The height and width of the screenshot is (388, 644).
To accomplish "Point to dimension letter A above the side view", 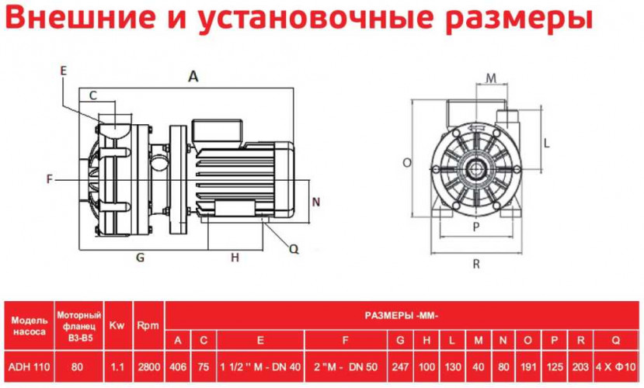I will pyautogui.click(x=193, y=76).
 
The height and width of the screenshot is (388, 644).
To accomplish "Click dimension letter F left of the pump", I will pyautogui.click(x=49, y=179).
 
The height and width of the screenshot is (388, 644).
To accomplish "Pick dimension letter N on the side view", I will pyautogui.click(x=315, y=201).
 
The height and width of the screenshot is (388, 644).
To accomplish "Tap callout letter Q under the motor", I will pyautogui.click(x=294, y=249).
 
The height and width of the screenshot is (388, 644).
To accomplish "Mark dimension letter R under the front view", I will pyautogui.click(x=475, y=263).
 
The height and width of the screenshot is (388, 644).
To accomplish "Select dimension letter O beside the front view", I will pyautogui.click(x=406, y=163).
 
